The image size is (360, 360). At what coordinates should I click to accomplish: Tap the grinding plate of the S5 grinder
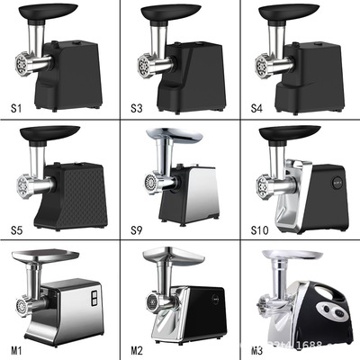(x=20, y=187)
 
